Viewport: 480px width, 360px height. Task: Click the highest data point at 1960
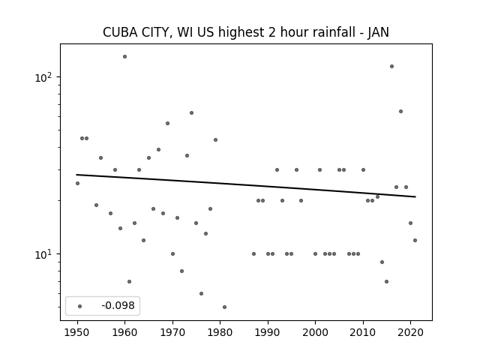click(125, 57)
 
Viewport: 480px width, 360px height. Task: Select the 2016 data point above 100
click(391, 67)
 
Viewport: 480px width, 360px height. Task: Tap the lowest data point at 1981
click(225, 307)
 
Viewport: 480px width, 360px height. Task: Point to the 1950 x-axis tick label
click(77, 332)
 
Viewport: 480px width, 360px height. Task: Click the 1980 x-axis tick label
click(220, 332)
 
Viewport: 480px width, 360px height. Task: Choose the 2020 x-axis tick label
click(411, 332)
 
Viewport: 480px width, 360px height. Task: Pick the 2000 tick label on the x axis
click(315, 332)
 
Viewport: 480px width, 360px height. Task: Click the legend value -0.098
click(118, 305)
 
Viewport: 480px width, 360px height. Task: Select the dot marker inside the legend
click(80, 306)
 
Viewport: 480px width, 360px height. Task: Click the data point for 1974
click(192, 113)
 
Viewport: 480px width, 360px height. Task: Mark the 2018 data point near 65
click(401, 112)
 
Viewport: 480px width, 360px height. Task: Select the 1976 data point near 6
click(201, 293)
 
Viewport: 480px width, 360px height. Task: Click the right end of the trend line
click(415, 196)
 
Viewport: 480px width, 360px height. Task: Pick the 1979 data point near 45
click(215, 140)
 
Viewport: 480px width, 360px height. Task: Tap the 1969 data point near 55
click(168, 123)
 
